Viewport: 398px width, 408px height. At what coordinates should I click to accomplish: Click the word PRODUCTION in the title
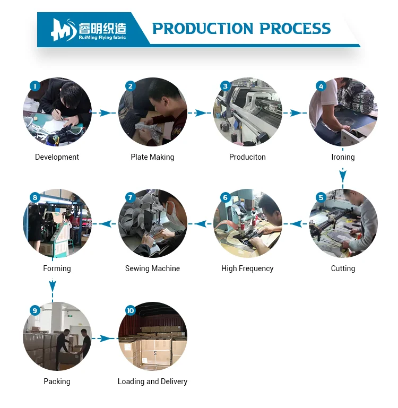[x=203, y=28]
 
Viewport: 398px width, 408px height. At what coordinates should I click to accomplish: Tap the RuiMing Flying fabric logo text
[x=102, y=38]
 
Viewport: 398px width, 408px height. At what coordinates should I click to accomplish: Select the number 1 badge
[x=35, y=86]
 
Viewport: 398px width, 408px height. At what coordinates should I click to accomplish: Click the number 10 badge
[x=131, y=310]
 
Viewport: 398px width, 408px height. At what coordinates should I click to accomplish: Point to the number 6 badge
[x=226, y=197]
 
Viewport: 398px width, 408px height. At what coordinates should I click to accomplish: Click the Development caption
[x=57, y=157]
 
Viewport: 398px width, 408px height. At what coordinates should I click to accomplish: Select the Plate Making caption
[x=152, y=157]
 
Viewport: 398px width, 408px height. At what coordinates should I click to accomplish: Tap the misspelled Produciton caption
[x=247, y=157]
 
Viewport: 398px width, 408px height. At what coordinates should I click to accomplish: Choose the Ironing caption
[x=343, y=157]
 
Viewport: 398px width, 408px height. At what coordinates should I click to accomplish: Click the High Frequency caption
[x=247, y=268]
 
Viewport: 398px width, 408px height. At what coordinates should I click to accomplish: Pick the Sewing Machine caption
[x=152, y=268]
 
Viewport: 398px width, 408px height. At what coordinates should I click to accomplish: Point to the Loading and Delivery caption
[x=152, y=381]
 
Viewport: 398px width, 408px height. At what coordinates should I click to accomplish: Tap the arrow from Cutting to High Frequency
[x=296, y=224]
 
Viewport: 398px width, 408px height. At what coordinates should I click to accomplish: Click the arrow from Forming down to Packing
[x=53, y=280]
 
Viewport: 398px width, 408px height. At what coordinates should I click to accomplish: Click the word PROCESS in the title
[x=295, y=28]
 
